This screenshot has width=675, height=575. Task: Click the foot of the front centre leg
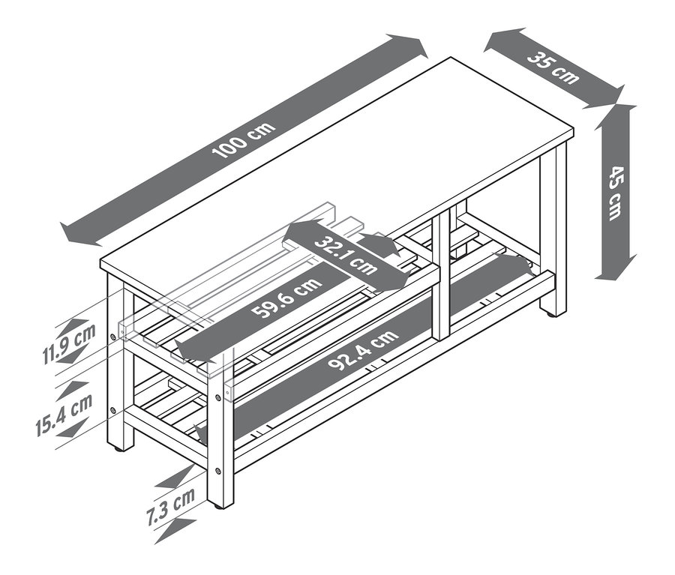click(220, 505)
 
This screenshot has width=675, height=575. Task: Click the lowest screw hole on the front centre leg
click(218, 471)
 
